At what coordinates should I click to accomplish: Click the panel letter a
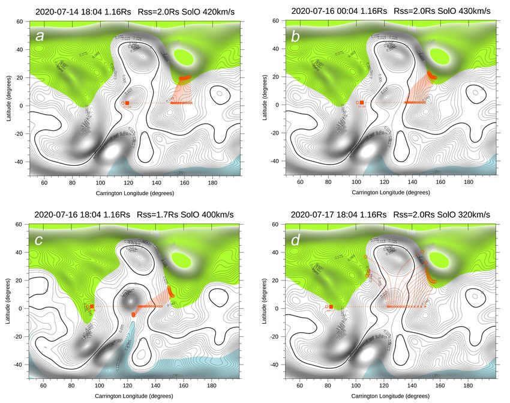(40, 35)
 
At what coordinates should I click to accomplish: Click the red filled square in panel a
(127, 103)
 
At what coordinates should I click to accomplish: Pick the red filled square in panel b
(361, 103)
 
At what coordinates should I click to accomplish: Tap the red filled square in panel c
(92, 306)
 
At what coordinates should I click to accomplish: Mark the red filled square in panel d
(331, 306)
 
